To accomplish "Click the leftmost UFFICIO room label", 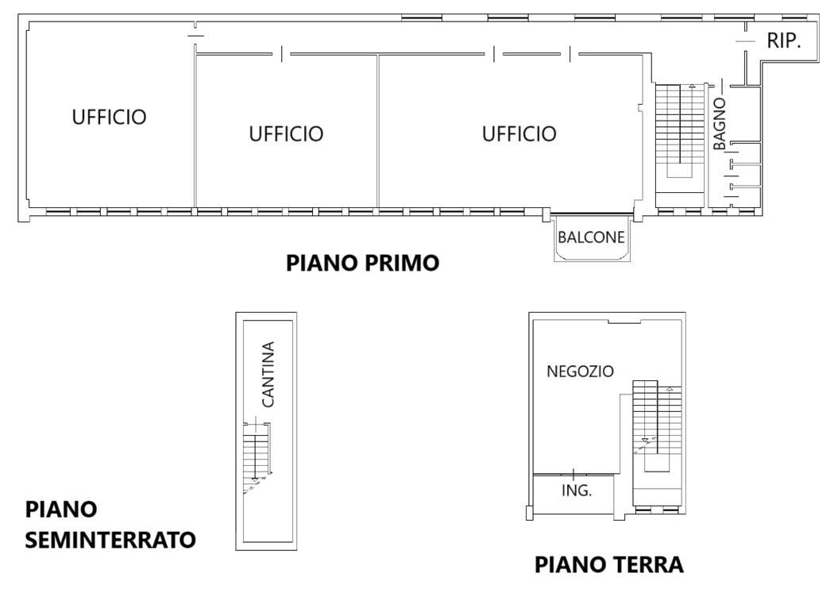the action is (109, 117).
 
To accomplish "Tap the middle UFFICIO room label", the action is (286, 133).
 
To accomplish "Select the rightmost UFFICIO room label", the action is (519, 133).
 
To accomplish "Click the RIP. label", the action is (784, 40).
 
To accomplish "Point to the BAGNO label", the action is (719, 124).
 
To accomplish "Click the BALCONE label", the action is (591, 237).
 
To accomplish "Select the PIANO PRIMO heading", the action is (363, 263).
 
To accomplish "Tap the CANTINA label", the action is (268, 374).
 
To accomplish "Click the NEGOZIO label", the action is (581, 371).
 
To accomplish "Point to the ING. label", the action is (577, 490).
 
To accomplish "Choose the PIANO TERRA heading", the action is (609, 564).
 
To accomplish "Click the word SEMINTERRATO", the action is (110, 540).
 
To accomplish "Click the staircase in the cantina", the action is (257, 458).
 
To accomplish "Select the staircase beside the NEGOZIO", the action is (657, 426).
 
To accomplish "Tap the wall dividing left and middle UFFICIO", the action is (195, 131).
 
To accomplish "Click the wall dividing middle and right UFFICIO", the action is (377, 131).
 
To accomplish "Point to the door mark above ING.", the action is (573, 474).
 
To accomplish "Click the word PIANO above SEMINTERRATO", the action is (61, 510).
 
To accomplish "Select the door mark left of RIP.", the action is (745, 41).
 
